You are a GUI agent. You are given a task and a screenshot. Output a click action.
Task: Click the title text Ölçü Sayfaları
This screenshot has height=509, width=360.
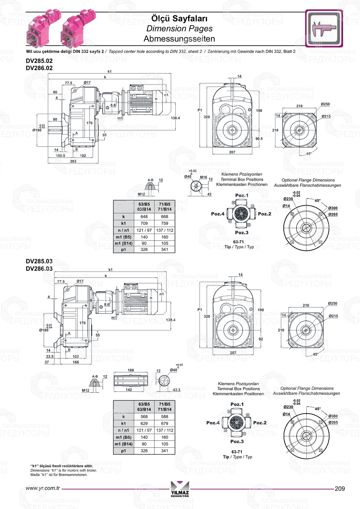point(179,18)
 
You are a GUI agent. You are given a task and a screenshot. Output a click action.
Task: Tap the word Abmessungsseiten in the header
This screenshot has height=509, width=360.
point(179,39)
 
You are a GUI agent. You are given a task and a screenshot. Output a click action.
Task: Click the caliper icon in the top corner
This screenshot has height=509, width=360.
point(324,28)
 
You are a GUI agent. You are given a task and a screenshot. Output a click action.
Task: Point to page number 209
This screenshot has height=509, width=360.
point(339,488)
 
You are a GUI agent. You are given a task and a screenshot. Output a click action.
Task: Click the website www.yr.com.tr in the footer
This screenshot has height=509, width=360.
point(43,488)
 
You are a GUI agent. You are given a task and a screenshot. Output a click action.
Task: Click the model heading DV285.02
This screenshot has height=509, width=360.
point(39,61)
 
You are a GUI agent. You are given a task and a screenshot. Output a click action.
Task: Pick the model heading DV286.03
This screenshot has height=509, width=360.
point(39,269)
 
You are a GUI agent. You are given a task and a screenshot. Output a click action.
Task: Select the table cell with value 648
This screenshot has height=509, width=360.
point(144,217)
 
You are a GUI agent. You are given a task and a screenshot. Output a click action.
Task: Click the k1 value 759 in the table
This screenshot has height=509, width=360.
point(165,224)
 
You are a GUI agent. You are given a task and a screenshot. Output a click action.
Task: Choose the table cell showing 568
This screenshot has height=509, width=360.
point(144,416)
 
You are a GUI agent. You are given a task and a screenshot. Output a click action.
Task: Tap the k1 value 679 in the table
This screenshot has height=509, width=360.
point(165,423)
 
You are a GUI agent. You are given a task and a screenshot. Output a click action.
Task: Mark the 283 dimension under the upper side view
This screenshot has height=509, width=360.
point(73,161)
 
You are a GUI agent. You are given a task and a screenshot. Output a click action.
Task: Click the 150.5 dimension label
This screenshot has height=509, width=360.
point(60,156)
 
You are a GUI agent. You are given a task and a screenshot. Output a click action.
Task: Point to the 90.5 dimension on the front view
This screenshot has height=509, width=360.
point(259,139)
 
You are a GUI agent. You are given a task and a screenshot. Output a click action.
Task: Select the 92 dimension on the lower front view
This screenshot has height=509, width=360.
point(261,339)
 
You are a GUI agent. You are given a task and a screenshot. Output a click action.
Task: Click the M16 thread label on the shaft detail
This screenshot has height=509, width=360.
point(203,177)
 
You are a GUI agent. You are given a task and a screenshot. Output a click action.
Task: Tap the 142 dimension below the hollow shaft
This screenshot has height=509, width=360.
point(129,389)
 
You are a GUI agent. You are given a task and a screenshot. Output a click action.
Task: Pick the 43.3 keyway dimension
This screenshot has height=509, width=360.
point(176,389)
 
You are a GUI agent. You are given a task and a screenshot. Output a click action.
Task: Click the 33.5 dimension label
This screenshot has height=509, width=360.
point(50,356)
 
